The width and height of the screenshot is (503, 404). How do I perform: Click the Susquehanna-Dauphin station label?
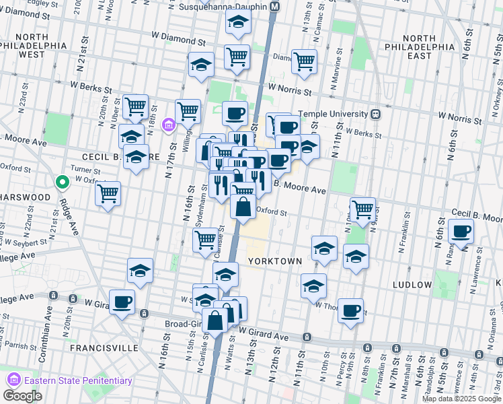[x=223, y=7]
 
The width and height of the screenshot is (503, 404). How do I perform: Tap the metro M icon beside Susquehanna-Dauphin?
[x=275, y=7]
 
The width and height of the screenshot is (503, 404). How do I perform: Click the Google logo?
[x=22, y=396]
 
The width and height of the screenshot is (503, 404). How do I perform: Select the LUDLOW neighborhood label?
[x=410, y=285]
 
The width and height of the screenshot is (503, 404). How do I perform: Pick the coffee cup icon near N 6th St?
[x=461, y=232]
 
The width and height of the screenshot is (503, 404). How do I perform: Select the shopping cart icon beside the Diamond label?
[x=304, y=61]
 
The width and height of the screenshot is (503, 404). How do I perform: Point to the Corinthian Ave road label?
[x=48, y=329]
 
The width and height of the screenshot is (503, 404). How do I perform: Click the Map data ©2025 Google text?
[x=461, y=399]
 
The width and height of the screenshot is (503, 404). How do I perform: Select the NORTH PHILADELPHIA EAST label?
[x=419, y=47]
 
